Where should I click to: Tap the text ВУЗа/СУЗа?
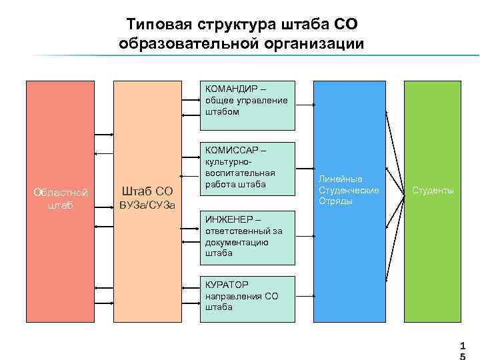(147, 205)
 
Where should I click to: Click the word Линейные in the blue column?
(340, 179)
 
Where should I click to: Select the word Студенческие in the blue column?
(349, 191)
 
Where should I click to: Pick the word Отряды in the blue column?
(335, 201)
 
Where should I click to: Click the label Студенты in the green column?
(433, 191)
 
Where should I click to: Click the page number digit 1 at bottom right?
(461, 347)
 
